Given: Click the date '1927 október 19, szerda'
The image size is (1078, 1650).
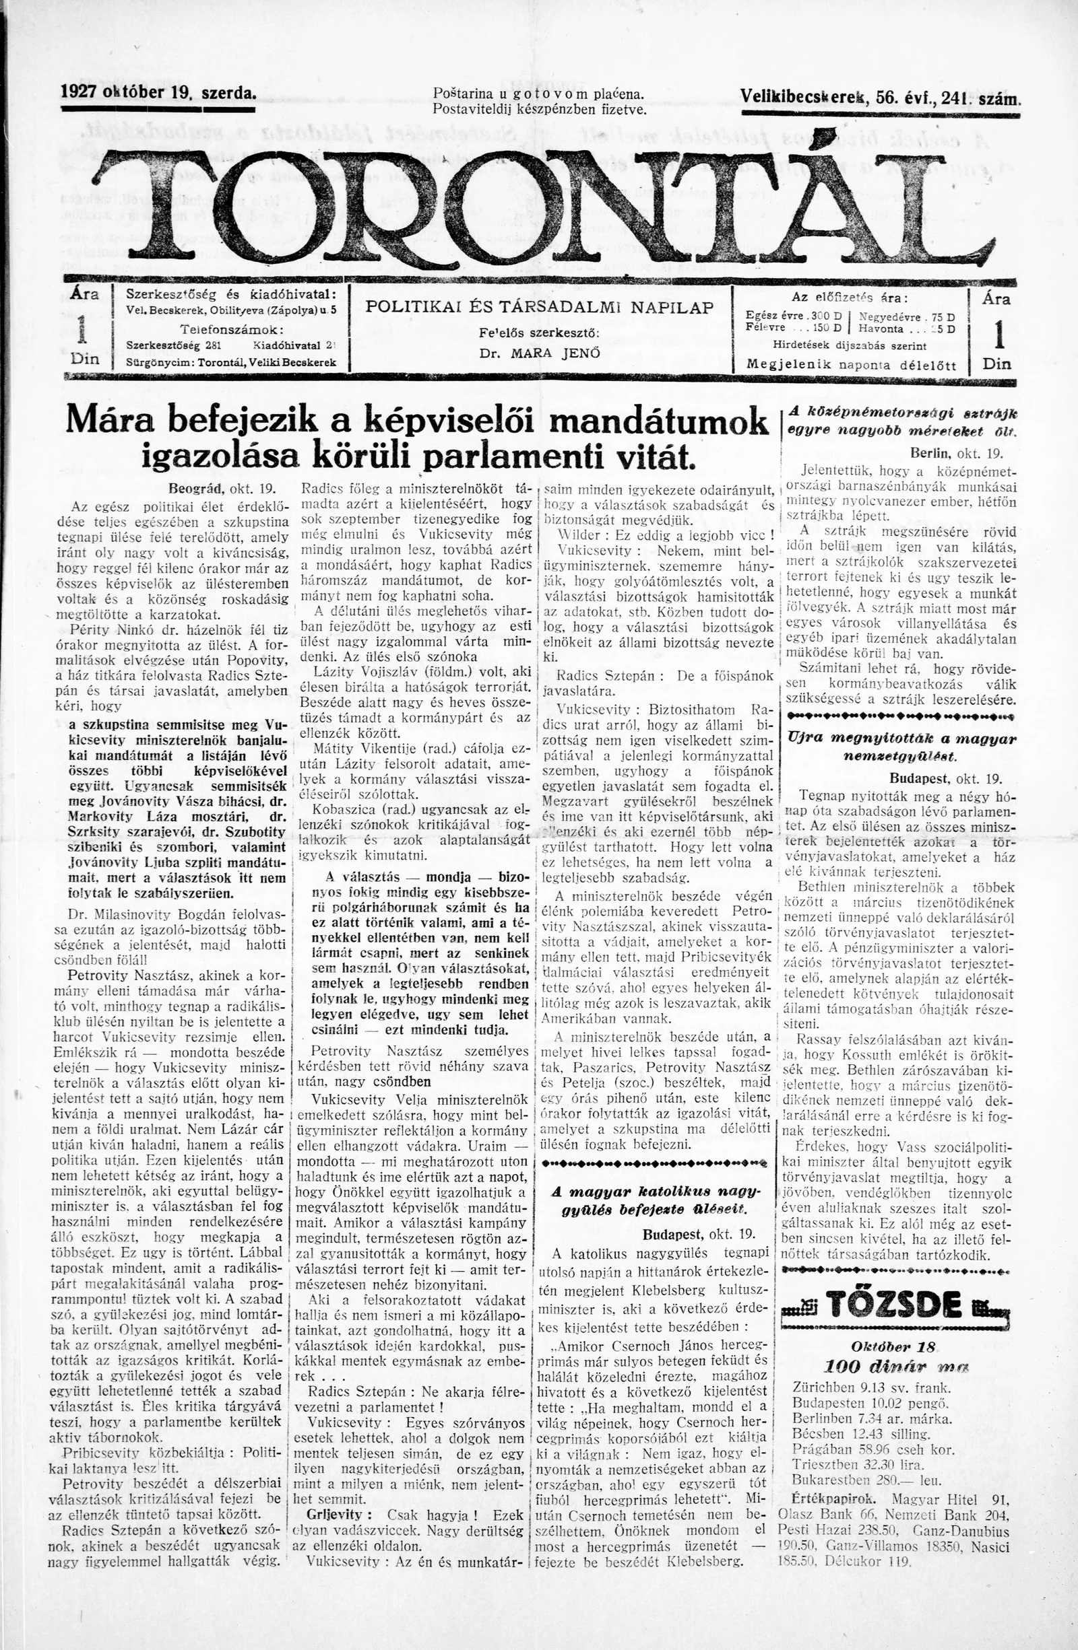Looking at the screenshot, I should pyautogui.click(x=159, y=92).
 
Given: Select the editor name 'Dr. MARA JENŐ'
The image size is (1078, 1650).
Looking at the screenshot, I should pyautogui.click(x=539, y=352).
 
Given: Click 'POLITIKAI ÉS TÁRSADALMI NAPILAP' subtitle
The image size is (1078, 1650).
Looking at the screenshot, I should pyautogui.click(x=540, y=307).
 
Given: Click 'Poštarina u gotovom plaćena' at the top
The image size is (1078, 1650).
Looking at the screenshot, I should pyautogui.click(x=538, y=94).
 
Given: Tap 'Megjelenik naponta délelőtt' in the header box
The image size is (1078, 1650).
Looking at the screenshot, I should pyautogui.click(x=850, y=365).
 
